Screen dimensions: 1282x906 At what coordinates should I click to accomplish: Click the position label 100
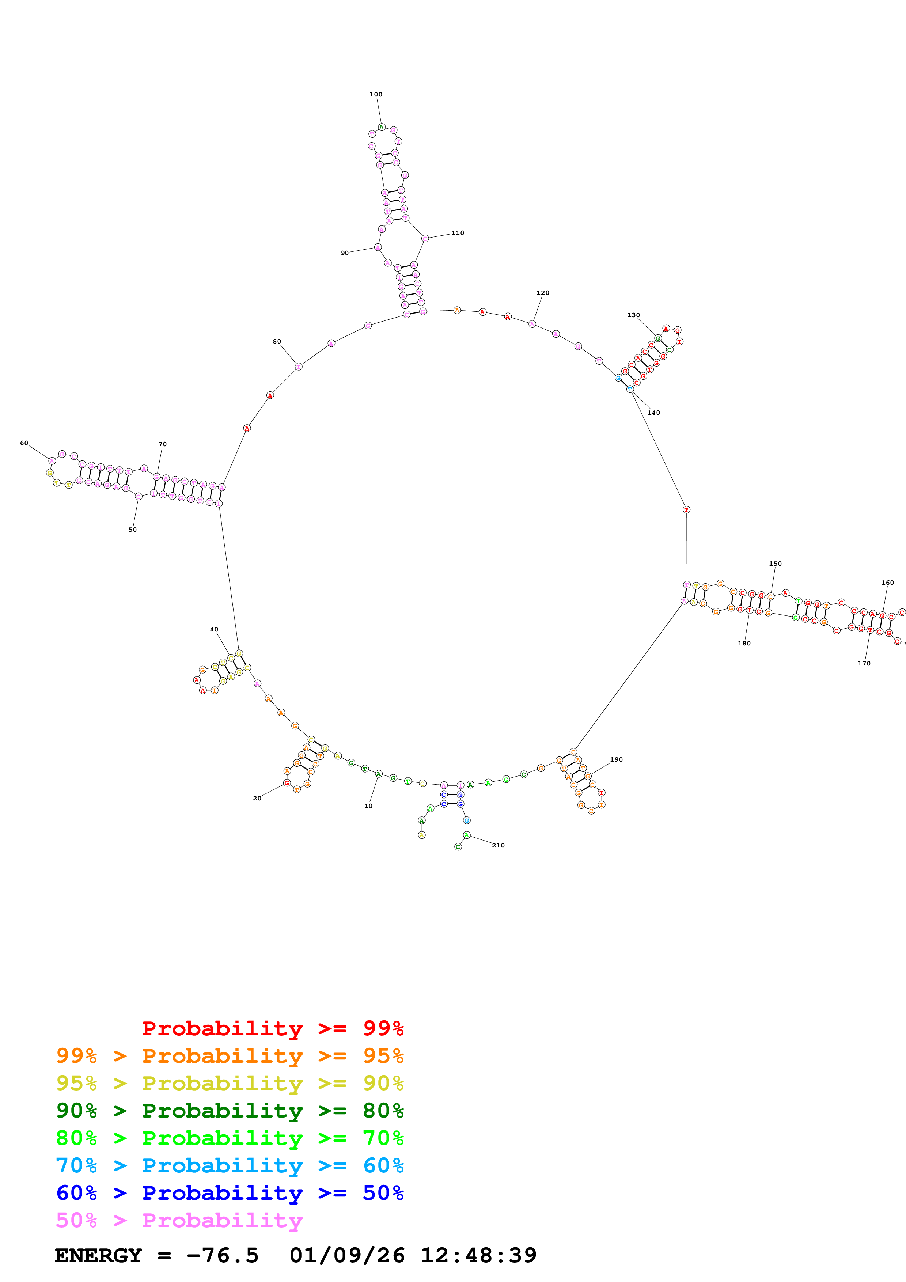click(x=376, y=94)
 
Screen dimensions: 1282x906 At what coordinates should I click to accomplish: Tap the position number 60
click(x=24, y=443)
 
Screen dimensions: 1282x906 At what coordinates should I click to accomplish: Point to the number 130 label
click(x=634, y=315)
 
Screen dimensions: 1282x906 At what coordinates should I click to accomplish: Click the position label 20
click(x=257, y=798)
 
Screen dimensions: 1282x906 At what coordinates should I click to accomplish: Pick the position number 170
click(x=864, y=663)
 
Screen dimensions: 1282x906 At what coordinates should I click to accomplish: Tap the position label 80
click(x=277, y=341)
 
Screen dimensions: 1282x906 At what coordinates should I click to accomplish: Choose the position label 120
click(x=543, y=293)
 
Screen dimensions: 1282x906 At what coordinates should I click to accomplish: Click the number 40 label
click(x=214, y=629)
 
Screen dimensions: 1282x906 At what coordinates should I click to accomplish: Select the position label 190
click(x=616, y=759)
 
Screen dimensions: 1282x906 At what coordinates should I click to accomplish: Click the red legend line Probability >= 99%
click(x=272, y=1028)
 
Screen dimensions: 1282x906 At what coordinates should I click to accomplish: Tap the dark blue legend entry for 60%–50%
click(x=230, y=1193)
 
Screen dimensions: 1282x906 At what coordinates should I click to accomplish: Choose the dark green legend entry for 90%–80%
click(x=230, y=1111)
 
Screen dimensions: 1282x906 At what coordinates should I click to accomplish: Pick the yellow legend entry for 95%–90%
click(x=230, y=1083)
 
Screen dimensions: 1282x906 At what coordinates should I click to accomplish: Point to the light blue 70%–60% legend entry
click(x=230, y=1165)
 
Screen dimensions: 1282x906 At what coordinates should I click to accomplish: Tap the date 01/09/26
click(x=347, y=1255)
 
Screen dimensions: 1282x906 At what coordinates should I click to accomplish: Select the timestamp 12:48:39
click(x=478, y=1255)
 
